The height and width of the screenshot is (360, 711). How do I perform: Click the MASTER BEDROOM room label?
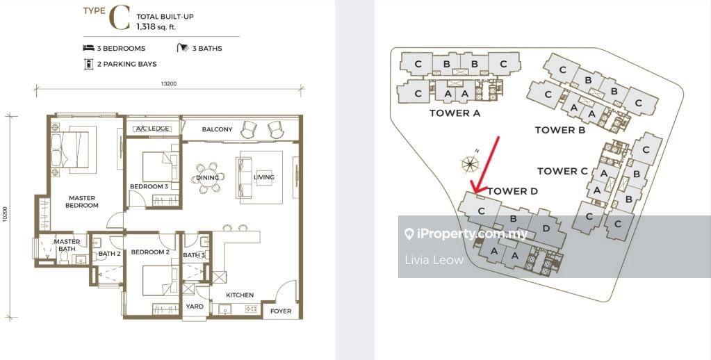tap(82, 202)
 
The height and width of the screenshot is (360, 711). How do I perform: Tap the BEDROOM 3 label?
tap(149, 186)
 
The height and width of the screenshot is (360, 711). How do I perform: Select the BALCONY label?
tap(218, 129)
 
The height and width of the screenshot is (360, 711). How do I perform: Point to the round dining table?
tap(208, 177)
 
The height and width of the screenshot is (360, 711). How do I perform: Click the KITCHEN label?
tap(240, 295)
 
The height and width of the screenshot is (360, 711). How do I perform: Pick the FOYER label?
tap(281, 311)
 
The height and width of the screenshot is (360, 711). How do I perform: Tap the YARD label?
tap(195, 306)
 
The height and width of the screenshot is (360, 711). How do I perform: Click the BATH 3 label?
tap(194, 255)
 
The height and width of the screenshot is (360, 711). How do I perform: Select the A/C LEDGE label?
tap(153, 129)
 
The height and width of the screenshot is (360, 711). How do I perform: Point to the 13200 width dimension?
tap(169, 84)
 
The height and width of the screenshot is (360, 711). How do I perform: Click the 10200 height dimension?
tap(5, 215)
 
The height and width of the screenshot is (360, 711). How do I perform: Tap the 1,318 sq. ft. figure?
tap(156, 26)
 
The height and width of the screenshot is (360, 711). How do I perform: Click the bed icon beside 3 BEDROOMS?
tap(88, 48)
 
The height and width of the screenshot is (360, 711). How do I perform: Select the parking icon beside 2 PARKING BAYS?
tap(88, 64)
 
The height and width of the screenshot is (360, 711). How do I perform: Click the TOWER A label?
tap(455, 113)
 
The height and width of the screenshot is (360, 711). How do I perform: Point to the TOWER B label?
tap(560, 130)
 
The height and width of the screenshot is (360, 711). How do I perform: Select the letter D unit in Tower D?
tap(546, 229)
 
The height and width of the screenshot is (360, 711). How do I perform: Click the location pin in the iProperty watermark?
tap(409, 234)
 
